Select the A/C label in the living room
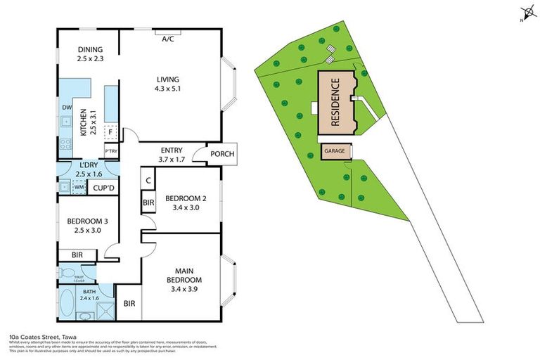pos(168,39)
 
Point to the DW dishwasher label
pos(67,108)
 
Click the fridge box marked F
pos(110,131)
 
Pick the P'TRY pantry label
pos(110,151)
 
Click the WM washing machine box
pos(79,187)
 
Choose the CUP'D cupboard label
pos(104,188)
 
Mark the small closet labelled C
pos(148,181)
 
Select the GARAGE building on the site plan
pos(334,151)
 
